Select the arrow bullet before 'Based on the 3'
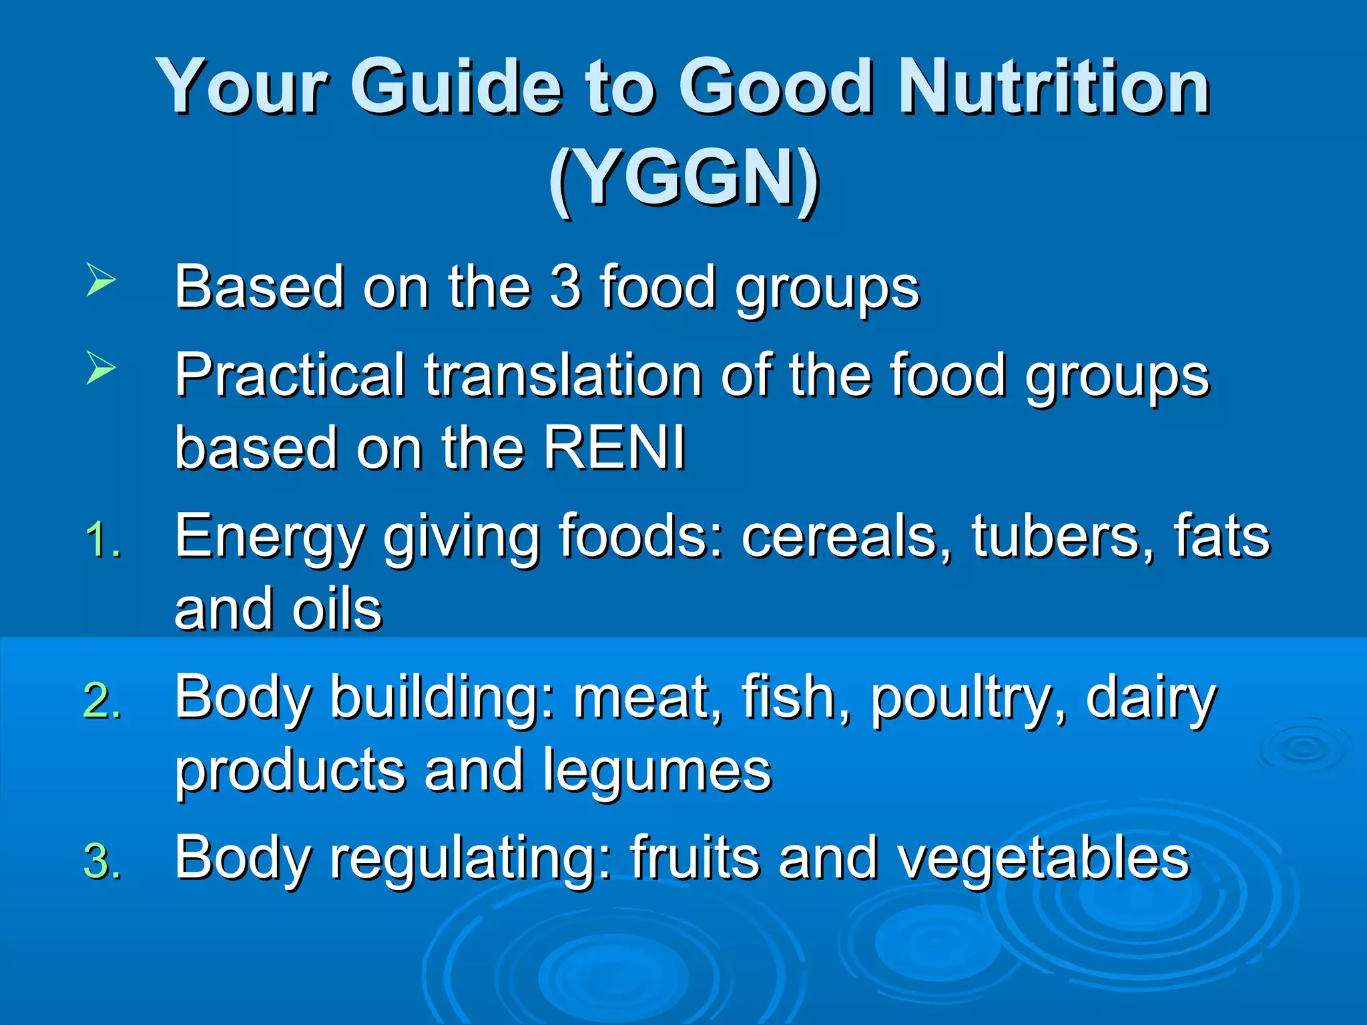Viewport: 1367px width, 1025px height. pyautogui.click(x=101, y=280)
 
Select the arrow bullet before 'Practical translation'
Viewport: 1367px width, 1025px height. pyautogui.click(x=101, y=368)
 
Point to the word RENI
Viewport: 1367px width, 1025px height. pyautogui.click(x=614, y=448)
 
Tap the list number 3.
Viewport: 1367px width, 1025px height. pyautogui.click(x=103, y=862)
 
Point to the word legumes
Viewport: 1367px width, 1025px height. pyautogui.click(x=657, y=771)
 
